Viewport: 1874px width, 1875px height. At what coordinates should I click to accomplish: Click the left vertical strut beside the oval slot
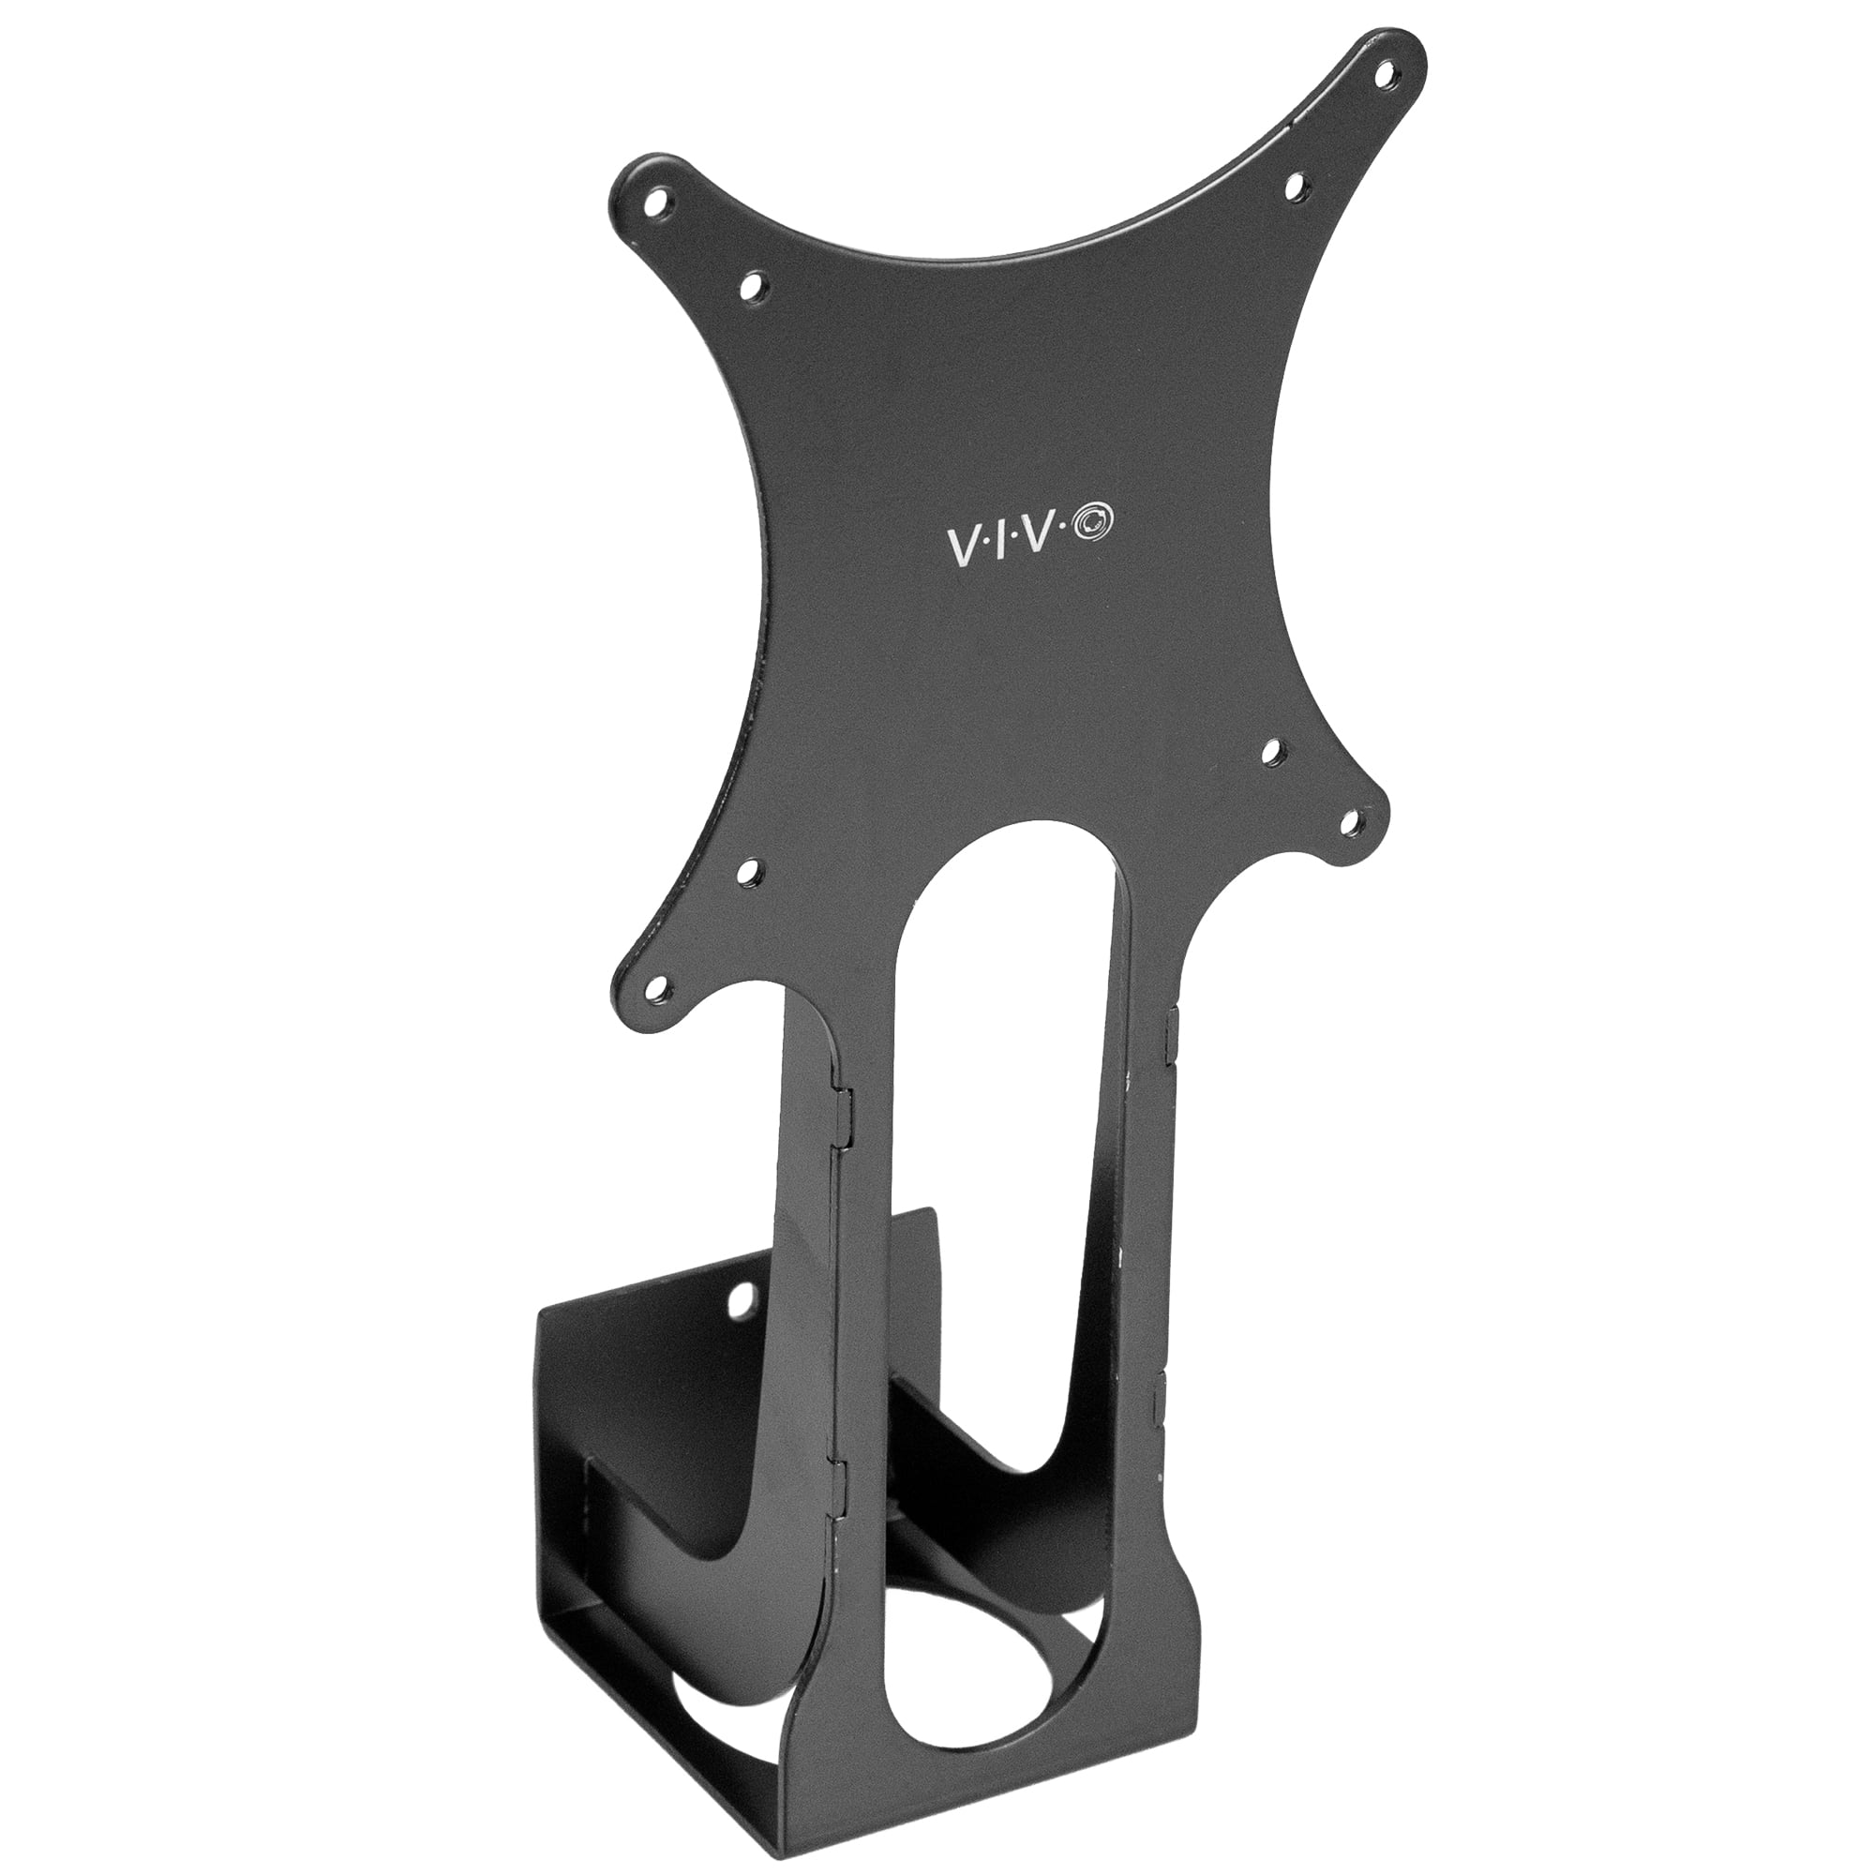click(x=863, y=1358)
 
